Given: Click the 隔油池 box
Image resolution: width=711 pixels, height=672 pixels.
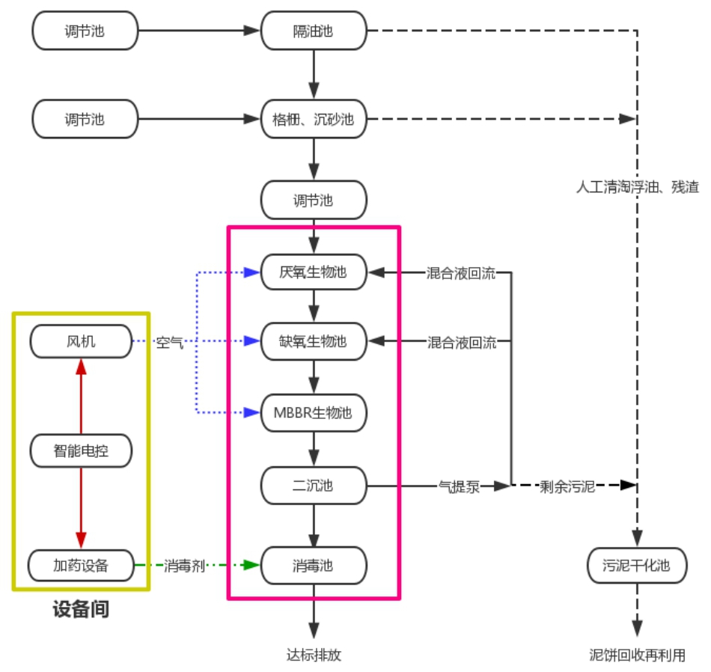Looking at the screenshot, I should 314,31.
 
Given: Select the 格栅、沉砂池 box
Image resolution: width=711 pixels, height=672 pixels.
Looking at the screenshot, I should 314,118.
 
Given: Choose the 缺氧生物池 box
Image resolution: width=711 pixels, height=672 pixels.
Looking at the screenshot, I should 314,341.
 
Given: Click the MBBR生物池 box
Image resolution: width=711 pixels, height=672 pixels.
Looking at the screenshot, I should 314,412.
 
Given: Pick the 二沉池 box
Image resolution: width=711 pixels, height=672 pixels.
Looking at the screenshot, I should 314,486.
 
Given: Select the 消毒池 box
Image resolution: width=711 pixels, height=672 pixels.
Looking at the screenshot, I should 314,566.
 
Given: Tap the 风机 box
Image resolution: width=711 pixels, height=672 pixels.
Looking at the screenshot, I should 82,342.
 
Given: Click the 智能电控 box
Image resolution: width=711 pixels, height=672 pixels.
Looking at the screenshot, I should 82,450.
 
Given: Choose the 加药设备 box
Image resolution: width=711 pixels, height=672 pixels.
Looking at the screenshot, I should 82,566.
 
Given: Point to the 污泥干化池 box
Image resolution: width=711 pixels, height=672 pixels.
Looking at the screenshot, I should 637,566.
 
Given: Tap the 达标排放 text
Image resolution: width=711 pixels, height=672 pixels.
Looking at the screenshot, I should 314,655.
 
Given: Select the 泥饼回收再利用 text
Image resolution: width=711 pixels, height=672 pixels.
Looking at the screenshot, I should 637,655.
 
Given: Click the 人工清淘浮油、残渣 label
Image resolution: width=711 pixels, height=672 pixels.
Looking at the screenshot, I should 637,186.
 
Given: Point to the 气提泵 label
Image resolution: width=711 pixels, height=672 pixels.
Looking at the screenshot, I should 459,486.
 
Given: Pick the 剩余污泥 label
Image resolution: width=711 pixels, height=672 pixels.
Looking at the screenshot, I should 567,486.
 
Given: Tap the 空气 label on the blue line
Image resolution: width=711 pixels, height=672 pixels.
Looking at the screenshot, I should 169,343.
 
